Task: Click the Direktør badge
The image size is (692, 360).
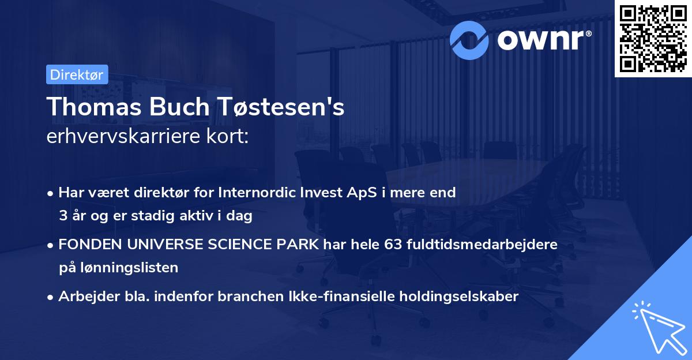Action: pyautogui.click(x=77, y=74)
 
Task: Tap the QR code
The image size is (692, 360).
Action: pyautogui.click(x=652, y=38)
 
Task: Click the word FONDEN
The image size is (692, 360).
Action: pyautogui.click(x=83, y=245)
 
